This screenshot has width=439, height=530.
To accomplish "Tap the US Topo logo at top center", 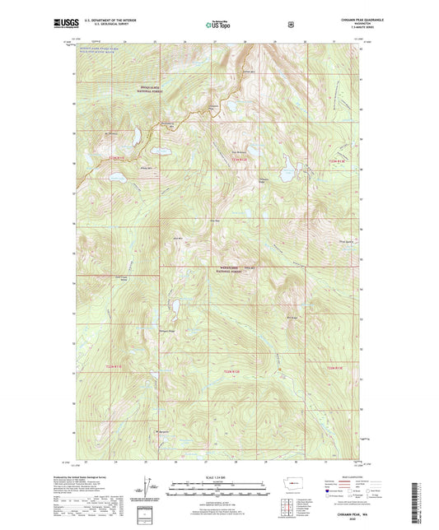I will [219, 25].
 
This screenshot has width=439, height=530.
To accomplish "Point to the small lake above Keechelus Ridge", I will [175, 309].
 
